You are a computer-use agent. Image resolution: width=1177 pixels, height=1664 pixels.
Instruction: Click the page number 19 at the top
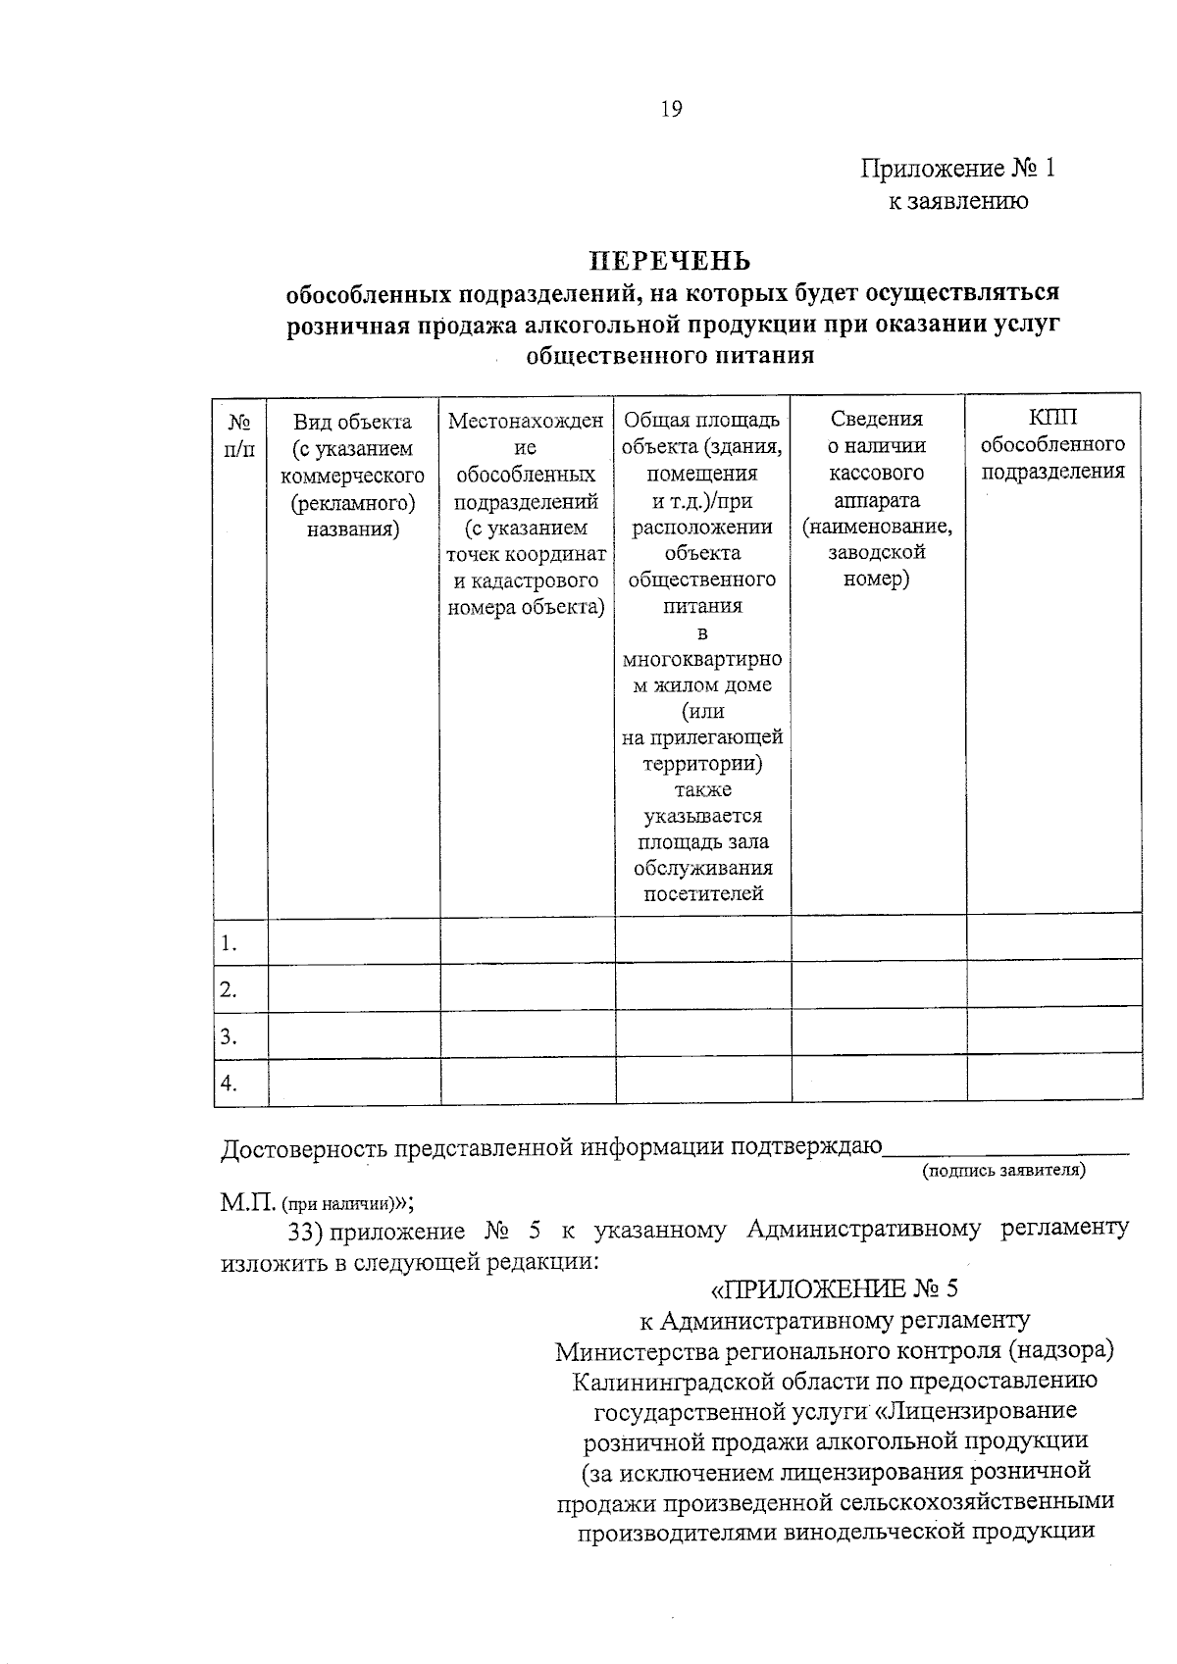pos(671,109)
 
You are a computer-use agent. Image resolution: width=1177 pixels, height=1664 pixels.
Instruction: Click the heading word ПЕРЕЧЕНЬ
pos(669,261)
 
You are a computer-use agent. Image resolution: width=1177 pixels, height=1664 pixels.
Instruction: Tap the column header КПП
pos(1052,418)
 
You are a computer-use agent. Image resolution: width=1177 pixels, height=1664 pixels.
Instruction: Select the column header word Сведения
pos(877,419)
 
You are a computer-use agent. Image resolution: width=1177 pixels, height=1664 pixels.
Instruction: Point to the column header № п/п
pos(239,435)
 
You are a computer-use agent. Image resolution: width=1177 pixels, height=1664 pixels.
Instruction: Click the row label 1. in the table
pos(229,943)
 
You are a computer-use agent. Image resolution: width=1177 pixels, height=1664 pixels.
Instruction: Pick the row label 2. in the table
pos(229,989)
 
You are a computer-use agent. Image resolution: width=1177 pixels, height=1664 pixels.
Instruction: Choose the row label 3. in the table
pos(229,1036)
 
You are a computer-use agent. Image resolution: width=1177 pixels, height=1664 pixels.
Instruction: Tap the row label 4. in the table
pos(229,1083)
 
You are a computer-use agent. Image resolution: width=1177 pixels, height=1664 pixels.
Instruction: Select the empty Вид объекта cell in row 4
pos(354,1083)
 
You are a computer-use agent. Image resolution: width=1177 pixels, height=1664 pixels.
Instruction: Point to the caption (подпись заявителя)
pos(1003,1170)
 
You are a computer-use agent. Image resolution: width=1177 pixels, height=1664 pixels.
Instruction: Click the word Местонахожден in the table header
pos(526,422)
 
